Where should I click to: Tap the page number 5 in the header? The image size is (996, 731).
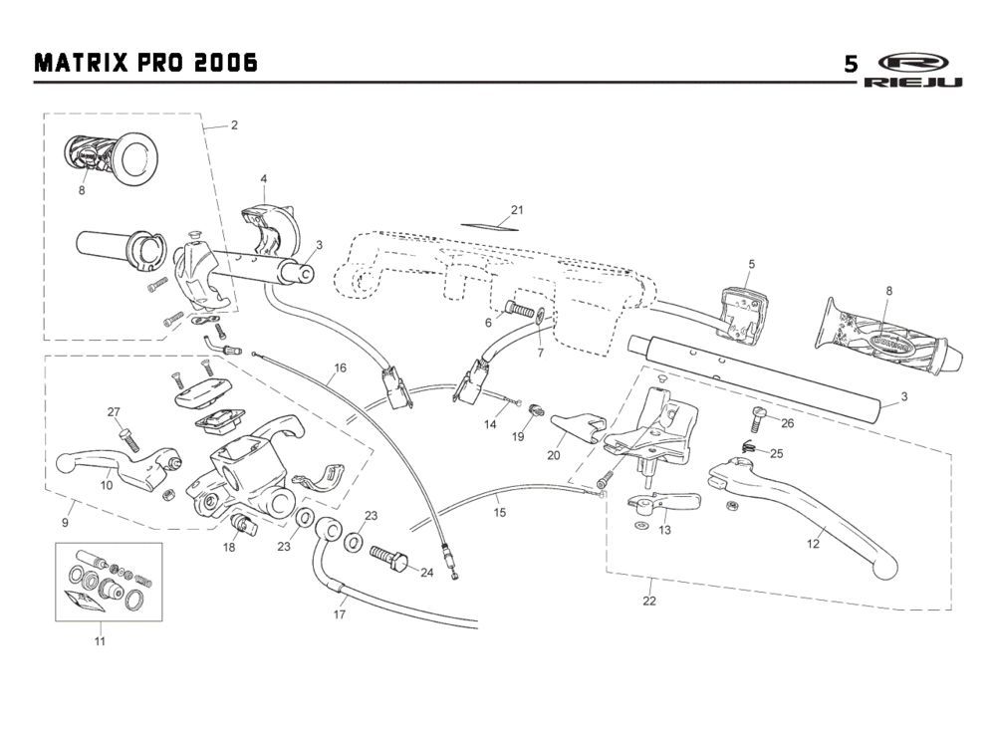click(850, 65)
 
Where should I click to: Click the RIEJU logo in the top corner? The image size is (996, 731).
click(913, 70)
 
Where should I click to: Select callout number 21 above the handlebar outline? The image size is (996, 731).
click(516, 210)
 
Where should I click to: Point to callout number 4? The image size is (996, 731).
click(263, 179)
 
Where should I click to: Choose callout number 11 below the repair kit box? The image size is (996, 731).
click(99, 641)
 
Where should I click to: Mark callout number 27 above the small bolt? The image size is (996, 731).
click(114, 412)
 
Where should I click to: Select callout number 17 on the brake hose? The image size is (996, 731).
click(340, 614)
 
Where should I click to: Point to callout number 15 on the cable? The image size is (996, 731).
click(500, 513)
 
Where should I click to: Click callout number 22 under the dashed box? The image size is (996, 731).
click(649, 600)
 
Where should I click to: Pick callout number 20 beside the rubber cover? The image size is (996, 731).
click(553, 454)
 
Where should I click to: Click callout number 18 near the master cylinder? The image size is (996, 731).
click(229, 547)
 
